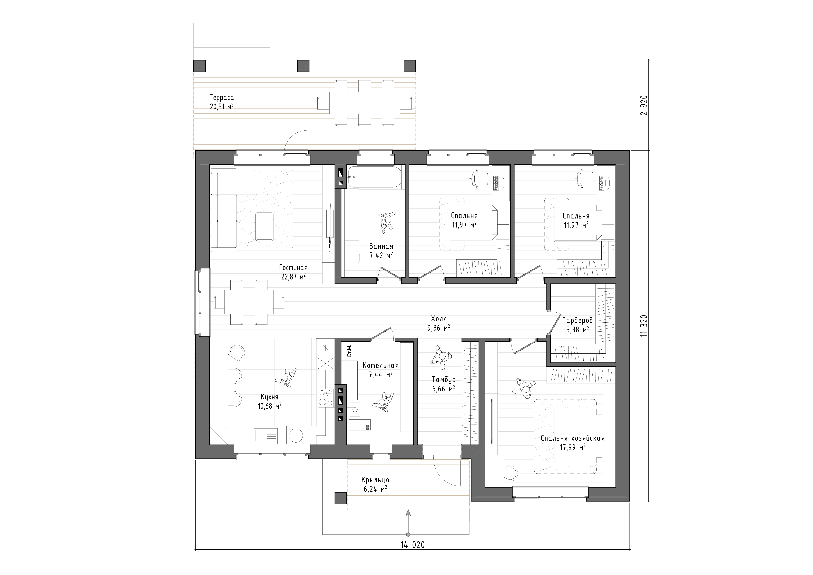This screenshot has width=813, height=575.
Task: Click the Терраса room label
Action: [x=222, y=97]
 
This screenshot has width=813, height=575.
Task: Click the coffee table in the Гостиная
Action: [x=264, y=226]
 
